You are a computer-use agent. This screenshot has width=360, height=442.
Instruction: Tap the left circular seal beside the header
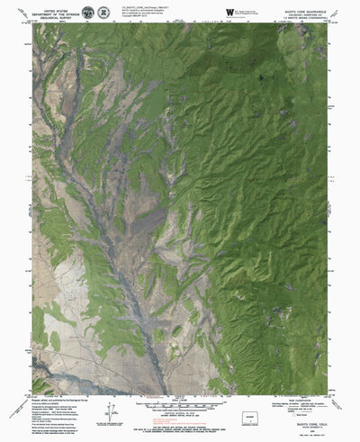(x=88, y=12)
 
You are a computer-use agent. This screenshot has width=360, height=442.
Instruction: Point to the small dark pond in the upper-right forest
(x=258, y=78)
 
